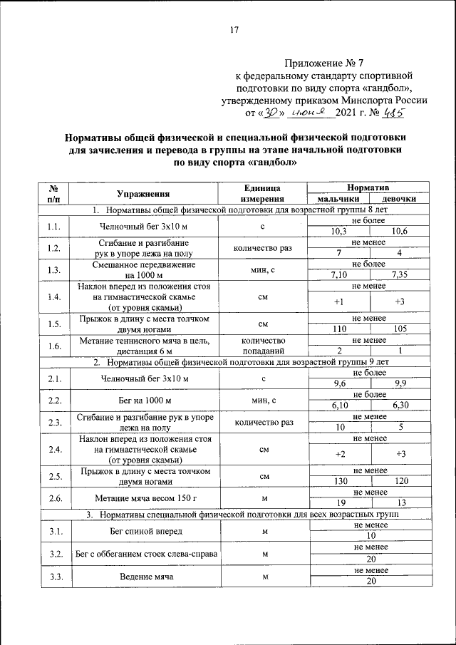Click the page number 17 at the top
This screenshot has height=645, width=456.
234,29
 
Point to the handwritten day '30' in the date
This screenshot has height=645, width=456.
271,112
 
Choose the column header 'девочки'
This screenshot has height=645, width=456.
399,199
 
